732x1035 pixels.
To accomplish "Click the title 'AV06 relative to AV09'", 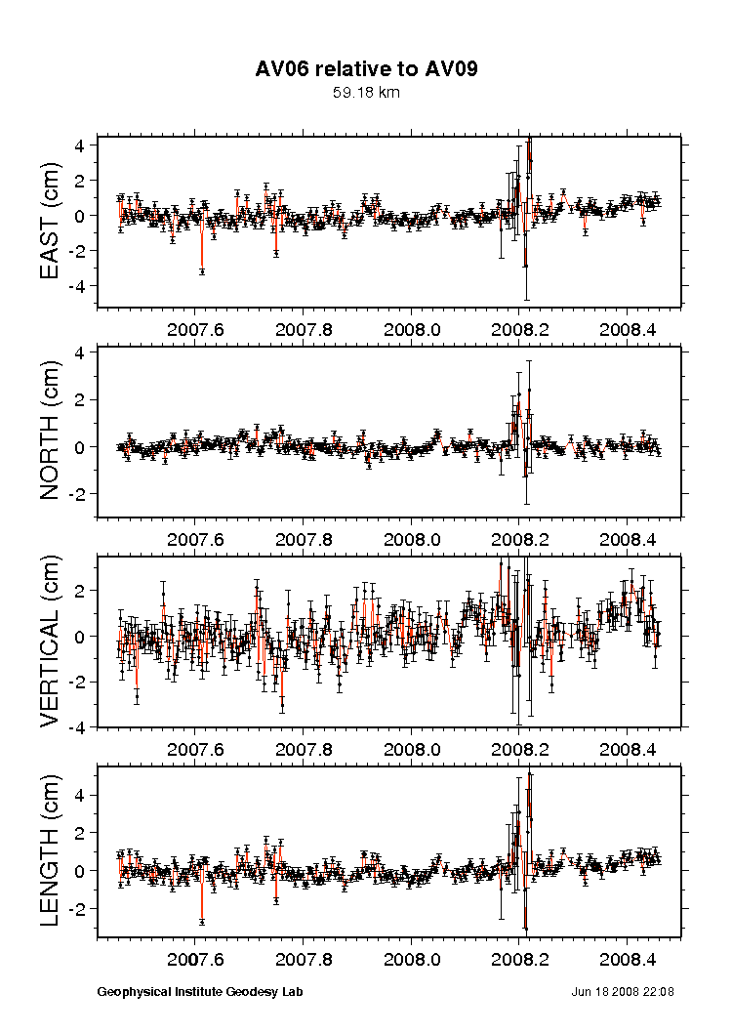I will coord(366,69).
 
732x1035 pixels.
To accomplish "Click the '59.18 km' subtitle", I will coord(366,94).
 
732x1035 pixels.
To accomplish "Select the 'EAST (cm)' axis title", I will coord(52,221).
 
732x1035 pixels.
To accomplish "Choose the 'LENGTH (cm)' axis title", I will coord(52,851).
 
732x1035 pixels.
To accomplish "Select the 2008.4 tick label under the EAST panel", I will coord(627,329).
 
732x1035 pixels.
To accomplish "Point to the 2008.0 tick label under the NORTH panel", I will coord(411,539).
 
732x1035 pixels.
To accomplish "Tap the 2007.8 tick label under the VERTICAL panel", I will coord(304,750).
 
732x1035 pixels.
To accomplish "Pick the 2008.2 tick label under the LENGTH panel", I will coord(519,960).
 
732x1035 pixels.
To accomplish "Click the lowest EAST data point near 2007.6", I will coord(202,270).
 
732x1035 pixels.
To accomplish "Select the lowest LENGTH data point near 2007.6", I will coord(202,921).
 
